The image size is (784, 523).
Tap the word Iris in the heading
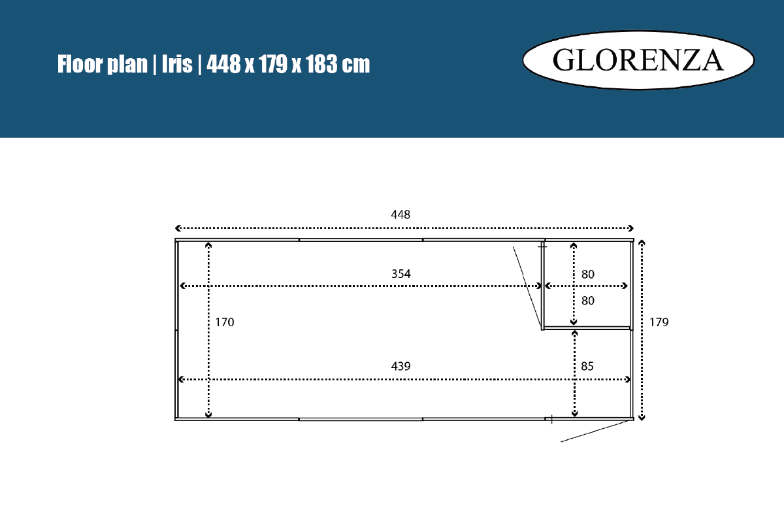tap(177, 64)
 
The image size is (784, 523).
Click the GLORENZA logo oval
tap(638, 60)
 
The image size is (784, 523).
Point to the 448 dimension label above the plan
tap(400, 214)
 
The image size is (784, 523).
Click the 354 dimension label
tap(400, 273)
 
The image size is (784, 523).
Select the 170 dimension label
tap(224, 322)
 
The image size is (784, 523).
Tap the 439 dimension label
tap(400, 366)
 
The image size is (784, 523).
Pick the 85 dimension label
tap(587, 366)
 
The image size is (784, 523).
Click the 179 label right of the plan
tap(659, 322)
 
